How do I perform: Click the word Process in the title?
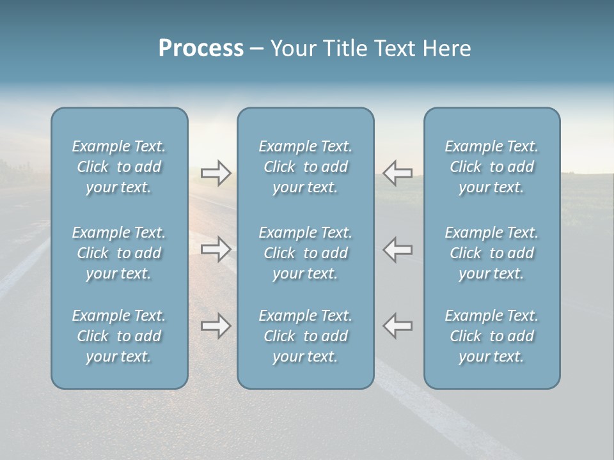coord(201,49)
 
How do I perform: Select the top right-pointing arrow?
coord(216,173)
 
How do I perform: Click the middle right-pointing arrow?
coord(216,249)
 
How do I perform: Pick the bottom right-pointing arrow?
coord(216,326)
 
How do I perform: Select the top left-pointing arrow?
coord(398,173)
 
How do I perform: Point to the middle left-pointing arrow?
coord(398,249)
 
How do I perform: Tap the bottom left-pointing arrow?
coord(398,325)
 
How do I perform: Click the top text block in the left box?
coord(119,167)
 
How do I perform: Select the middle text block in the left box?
coord(119,253)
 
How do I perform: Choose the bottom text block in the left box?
coord(119,336)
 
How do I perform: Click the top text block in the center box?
coord(306,167)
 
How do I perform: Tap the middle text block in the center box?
coord(306,253)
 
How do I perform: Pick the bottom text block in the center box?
coord(306,336)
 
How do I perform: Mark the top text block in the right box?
coord(492,167)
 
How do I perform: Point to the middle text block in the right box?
coord(492,253)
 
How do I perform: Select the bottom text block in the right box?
coord(492,336)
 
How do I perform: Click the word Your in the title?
coord(291,49)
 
